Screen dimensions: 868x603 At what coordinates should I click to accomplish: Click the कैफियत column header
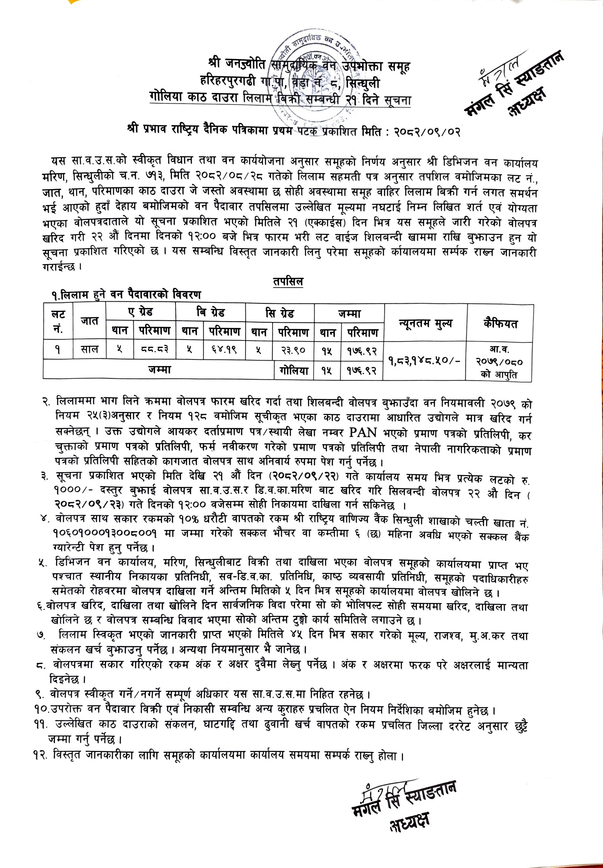(x=500, y=324)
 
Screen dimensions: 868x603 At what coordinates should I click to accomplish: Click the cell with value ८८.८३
(x=153, y=350)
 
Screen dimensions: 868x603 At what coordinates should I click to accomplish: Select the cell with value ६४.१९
(x=224, y=350)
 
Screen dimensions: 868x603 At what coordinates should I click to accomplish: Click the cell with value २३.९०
(x=293, y=350)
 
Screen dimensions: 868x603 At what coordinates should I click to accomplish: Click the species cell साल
(x=90, y=350)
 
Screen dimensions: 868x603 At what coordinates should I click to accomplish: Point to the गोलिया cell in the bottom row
(x=293, y=370)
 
